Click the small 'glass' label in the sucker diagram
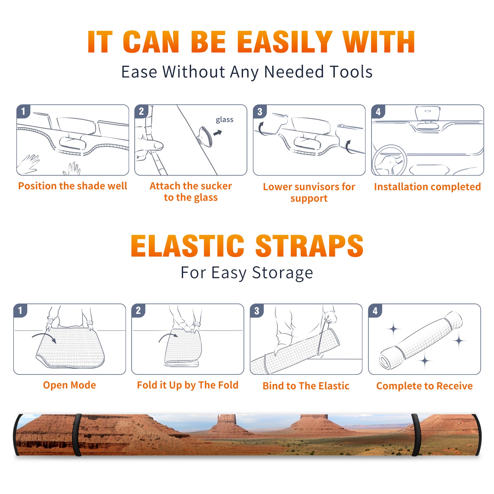[x=224, y=119]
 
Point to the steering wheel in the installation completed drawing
[x=389, y=160]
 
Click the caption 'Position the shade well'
[x=73, y=186]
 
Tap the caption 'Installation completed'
[x=427, y=186]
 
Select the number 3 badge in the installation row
[x=260, y=111]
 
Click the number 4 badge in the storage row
[x=375, y=311]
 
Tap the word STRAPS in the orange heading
[x=309, y=246]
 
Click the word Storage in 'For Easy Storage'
[x=283, y=273]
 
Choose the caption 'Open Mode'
[x=69, y=385]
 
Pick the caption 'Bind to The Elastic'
[x=306, y=386]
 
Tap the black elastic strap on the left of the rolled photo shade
[x=77, y=435]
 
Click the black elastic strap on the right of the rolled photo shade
[x=416, y=435]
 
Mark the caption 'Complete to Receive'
[x=425, y=386]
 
